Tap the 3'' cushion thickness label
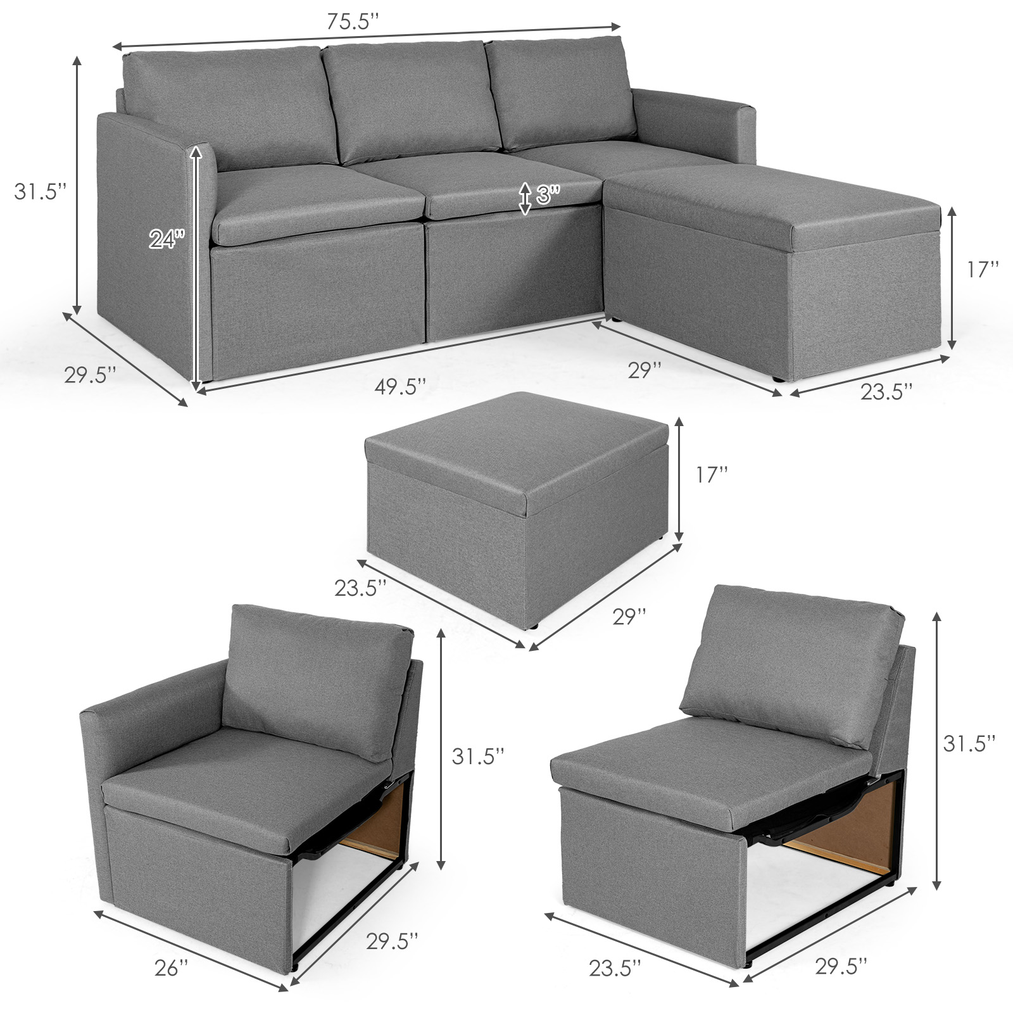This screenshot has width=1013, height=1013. pyautogui.click(x=548, y=195)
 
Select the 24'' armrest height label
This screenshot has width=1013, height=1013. pyautogui.click(x=167, y=238)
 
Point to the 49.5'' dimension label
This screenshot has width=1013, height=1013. pyautogui.click(x=400, y=386)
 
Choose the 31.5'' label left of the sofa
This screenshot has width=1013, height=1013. pyautogui.click(x=41, y=191)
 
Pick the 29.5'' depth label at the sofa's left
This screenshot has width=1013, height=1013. pyautogui.click(x=90, y=374)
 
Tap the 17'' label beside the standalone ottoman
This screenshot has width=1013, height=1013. pyautogui.click(x=712, y=475)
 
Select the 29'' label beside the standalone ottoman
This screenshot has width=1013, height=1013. pyautogui.click(x=629, y=616)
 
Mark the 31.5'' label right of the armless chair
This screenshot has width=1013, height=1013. pyautogui.click(x=969, y=743)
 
